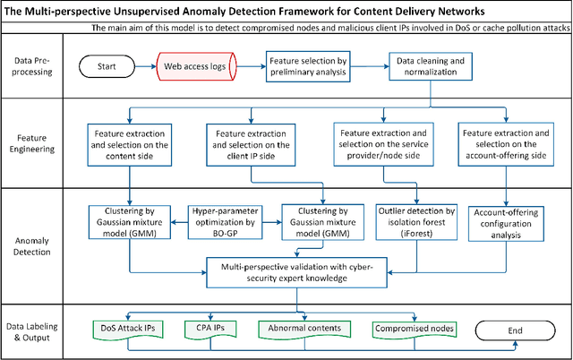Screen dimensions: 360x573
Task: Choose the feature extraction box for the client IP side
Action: pyautogui.click(x=248, y=145)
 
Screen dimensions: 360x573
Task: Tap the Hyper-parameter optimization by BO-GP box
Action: pyautogui.click(x=226, y=219)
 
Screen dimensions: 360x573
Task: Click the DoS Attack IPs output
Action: pyautogui.click(x=129, y=329)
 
